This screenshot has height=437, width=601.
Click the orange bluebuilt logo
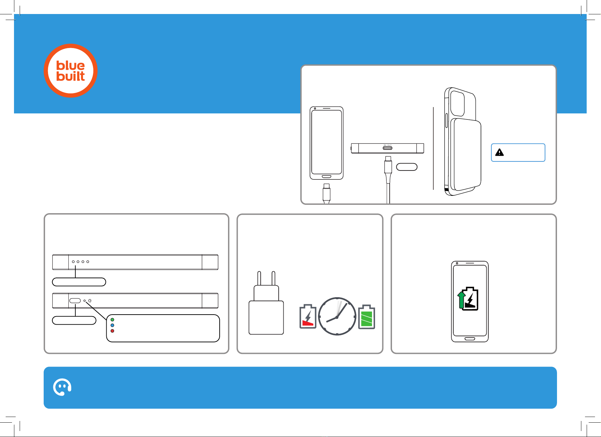point(71,71)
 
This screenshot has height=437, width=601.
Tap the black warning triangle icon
point(499,152)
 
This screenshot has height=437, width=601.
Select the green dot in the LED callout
point(112,320)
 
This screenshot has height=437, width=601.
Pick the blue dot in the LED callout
point(112,325)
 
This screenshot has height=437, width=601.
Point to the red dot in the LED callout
point(112,331)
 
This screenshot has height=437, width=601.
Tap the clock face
point(337,316)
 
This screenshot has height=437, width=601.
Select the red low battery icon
point(308,317)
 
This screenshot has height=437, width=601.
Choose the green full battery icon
point(366,317)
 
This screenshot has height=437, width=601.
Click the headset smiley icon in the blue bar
point(62,387)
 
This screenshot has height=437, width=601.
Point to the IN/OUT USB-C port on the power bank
point(387,148)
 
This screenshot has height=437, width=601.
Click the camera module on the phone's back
point(457,103)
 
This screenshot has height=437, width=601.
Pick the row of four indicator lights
point(80,262)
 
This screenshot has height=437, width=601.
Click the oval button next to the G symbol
point(75,301)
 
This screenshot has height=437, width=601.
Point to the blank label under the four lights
point(79,282)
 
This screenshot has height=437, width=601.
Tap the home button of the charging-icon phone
point(470,339)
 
